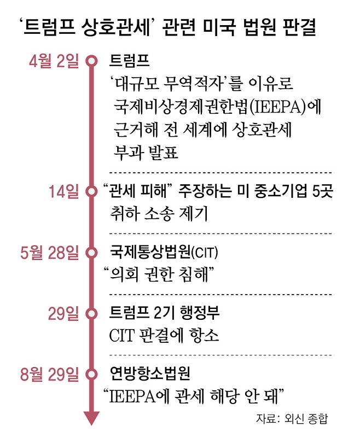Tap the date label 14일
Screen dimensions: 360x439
point(64,192)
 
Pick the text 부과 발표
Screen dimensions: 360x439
point(138,153)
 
